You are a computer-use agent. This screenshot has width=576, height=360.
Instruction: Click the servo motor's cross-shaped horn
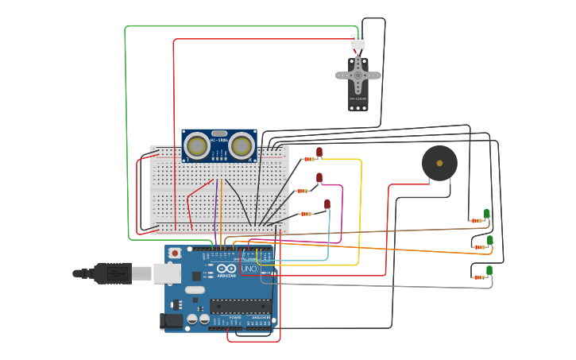click(358, 75)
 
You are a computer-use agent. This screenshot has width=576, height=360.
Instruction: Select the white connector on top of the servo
click(358, 42)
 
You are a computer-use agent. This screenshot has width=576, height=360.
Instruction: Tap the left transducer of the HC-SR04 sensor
click(196, 145)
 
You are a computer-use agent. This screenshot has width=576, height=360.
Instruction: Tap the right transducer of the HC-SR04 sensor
click(242, 145)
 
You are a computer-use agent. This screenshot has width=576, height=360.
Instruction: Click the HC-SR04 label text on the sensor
click(219, 141)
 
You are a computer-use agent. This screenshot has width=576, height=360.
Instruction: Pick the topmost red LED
click(319, 152)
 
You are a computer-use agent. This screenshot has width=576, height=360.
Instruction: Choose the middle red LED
click(319, 178)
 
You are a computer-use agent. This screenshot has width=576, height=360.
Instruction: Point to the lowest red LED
click(327, 204)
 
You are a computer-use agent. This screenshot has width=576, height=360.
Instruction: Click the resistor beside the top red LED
click(308, 159)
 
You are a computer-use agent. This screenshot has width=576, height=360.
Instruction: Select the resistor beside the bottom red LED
click(306, 213)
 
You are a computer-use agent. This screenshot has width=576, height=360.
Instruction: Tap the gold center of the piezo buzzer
click(439, 163)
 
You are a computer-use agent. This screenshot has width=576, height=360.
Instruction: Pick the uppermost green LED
click(487, 213)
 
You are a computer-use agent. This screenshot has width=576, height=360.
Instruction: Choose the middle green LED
click(490, 240)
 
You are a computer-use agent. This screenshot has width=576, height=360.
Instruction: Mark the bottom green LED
click(489, 270)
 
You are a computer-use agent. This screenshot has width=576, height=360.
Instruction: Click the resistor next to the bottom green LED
click(479, 277)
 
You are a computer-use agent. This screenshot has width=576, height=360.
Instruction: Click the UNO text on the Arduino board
click(249, 269)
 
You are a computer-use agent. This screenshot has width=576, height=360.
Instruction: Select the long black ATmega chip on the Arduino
click(240, 306)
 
